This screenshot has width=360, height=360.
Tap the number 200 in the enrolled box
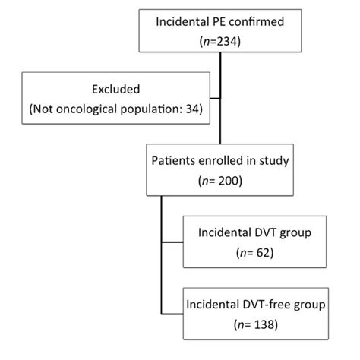coord(228,182)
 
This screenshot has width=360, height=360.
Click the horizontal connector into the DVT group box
coord(173,243)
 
